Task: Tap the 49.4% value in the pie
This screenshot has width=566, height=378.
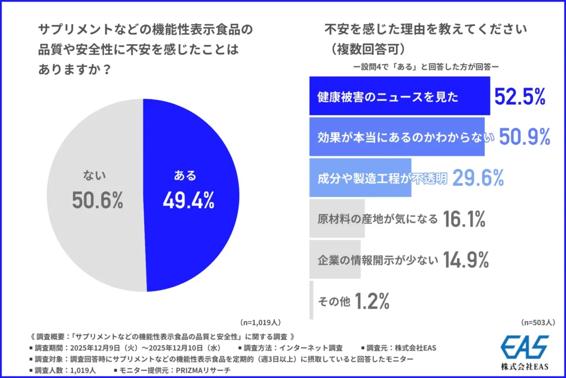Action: coord(188,201)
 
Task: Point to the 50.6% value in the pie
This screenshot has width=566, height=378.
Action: coord(97,201)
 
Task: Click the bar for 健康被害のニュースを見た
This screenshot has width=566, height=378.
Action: coord(398,96)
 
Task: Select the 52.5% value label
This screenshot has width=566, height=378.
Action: coord(520,96)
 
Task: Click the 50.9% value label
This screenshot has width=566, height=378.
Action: coord(525,137)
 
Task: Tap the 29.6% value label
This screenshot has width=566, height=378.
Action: coord(478,178)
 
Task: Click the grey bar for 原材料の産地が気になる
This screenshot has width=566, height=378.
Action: coord(336,219)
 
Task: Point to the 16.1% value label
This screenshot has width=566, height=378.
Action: coord(464,219)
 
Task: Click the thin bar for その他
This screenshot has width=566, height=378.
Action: coord(312,301)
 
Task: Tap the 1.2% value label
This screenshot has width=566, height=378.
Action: coord(372,301)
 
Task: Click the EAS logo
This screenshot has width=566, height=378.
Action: coord(524,348)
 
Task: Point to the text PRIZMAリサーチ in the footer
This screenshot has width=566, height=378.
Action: coord(195,370)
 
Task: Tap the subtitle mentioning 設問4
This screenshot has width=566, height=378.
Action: coord(426,66)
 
